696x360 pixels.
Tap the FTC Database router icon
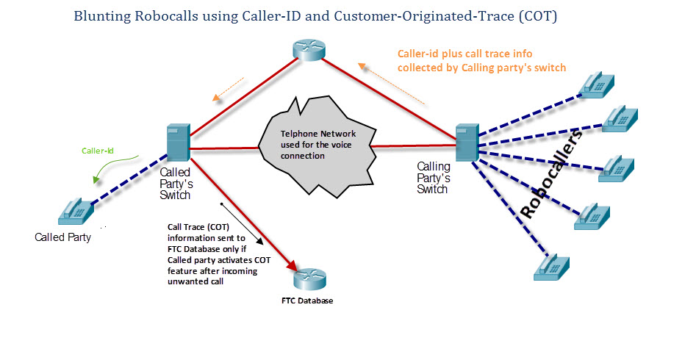(310, 279)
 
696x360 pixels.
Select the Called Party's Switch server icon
(179, 143)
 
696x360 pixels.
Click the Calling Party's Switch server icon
(467, 143)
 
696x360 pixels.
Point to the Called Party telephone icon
(76, 212)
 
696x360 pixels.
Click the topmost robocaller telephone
(598, 84)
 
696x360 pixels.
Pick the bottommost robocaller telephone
(551, 267)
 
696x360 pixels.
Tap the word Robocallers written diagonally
(551, 174)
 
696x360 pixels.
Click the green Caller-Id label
(98, 151)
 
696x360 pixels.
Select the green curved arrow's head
(96, 179)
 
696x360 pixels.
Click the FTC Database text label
(307, 300)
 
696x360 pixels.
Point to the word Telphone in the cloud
(299, 134)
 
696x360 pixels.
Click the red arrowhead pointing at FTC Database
(291, 265)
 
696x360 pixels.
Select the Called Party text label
(63, 237)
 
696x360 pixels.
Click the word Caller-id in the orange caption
(417, 54)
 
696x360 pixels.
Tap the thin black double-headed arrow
(242, 224)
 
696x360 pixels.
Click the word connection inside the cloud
(303, 156)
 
